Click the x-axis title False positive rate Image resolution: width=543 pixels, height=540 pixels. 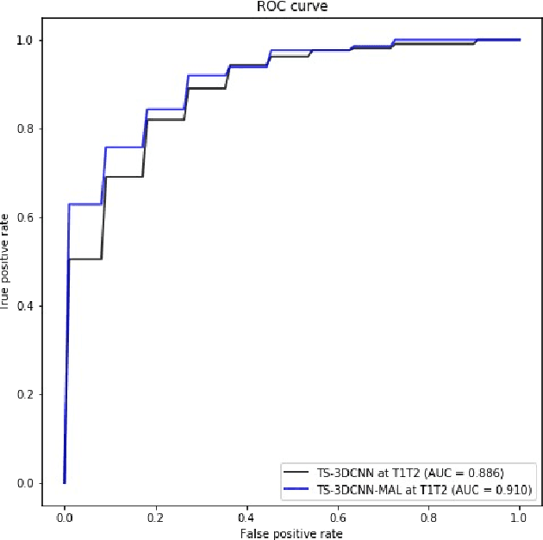click(291, 534)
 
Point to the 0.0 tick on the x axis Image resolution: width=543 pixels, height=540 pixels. click(64, 516)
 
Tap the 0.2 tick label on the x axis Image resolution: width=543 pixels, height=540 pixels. click(155, 516)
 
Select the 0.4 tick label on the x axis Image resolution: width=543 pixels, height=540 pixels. click(246, 516)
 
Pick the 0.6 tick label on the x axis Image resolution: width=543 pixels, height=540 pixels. click(337, 516)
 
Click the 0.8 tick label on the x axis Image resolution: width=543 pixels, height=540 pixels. click(428, 516)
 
